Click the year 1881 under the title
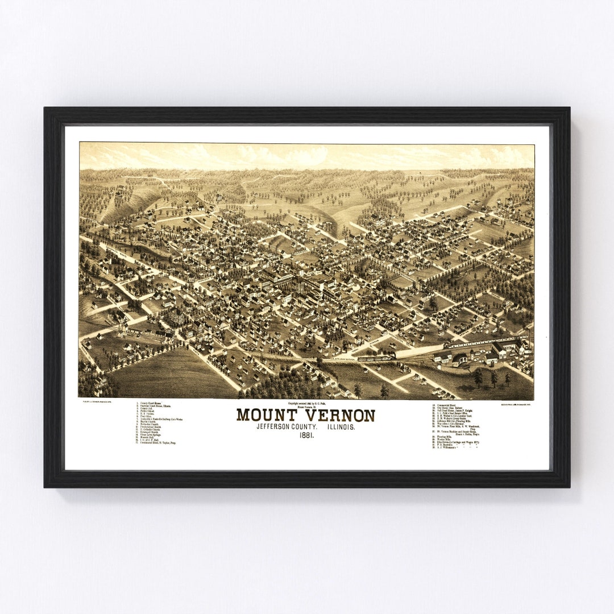[306, 435]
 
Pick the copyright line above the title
[305, 404]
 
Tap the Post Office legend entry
[148, 416]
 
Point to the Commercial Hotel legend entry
[449, 404]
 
